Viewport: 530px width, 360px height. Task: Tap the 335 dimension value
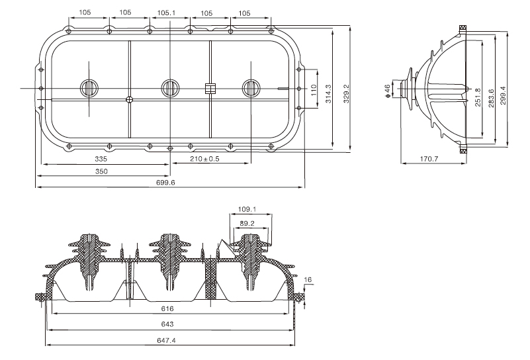[100, 159]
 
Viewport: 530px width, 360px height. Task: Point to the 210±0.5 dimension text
[204, 159]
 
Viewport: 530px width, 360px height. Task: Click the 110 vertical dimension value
[314, 88]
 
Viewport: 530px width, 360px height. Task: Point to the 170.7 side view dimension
[429, 159]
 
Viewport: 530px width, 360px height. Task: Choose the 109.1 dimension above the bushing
[246, 210]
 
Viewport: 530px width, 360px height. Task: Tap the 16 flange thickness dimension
[308, 281]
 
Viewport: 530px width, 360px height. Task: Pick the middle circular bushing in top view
[170, 87]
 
